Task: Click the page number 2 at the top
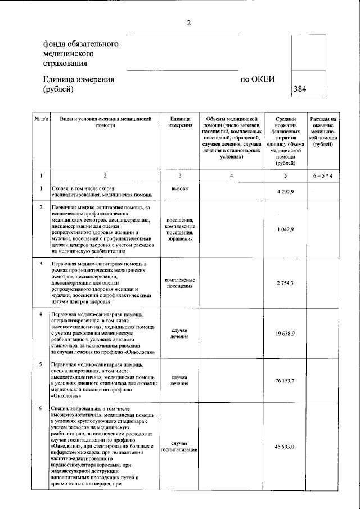(x=190, y=23)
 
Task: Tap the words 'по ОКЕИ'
(x=258, y=79)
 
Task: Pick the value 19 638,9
(x=286, y=334)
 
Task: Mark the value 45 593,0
(x=286, y=447)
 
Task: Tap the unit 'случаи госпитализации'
(x=179, y=447)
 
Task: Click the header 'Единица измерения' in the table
(x=180, y=122)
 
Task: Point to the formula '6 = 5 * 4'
(x=323, y=176)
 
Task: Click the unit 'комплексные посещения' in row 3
(x=180, y=283)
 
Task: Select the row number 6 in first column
(x=41, y=407)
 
